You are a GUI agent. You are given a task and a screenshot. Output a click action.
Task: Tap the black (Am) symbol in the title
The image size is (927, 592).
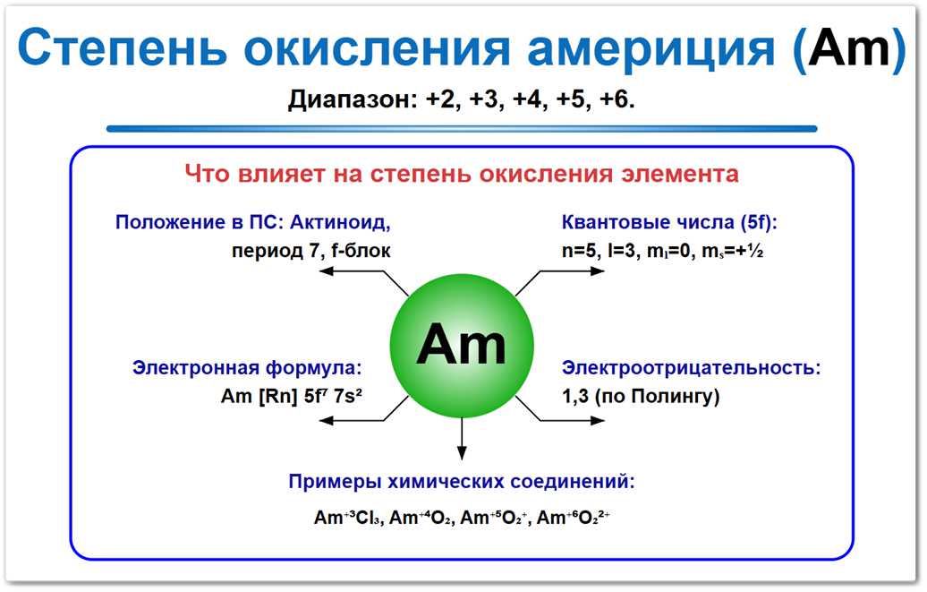tap(849, 49)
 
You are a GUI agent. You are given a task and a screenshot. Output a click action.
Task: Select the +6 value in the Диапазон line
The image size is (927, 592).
tap(616, 100)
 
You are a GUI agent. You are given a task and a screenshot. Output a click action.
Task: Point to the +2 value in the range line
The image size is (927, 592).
tap(442, 100)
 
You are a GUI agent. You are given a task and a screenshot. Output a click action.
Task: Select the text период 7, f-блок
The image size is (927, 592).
tap(310, 251)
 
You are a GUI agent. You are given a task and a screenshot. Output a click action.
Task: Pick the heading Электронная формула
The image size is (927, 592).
tap(247, 367)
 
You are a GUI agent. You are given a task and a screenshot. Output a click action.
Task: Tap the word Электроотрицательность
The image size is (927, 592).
tap(691, 367)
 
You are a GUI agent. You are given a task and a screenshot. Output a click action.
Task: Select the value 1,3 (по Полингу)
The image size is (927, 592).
tap(641, 396)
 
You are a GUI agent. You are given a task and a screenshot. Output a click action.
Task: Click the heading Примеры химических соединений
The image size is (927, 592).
tap(462, 481)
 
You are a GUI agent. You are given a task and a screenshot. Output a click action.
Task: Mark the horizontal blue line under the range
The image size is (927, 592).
tap(462, 129)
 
